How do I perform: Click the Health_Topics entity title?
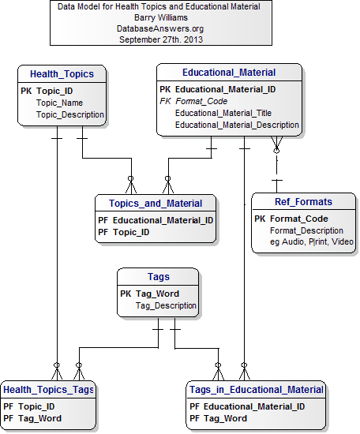tap(62, 74)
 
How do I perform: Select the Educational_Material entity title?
tap(229, 73)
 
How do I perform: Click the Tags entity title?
tap(159, 276)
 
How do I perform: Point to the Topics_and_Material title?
tap(155, 204)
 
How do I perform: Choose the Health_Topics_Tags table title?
tap(48, 390)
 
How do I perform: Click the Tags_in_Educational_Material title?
tap(257, 390)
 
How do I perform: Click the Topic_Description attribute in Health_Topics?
tap(70, 114)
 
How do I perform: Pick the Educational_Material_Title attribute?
tap(223, 113)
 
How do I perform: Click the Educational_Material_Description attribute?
tap(237, 125)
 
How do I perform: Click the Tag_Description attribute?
tap(166, 305)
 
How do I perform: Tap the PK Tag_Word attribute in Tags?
tap(157, 294)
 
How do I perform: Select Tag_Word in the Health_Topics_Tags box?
tap(39, 418)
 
